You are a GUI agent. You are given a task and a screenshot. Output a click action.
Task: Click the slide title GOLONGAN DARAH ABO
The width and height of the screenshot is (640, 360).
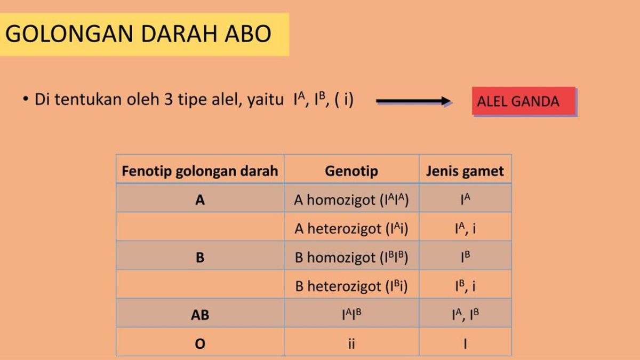click(x=138, y=34)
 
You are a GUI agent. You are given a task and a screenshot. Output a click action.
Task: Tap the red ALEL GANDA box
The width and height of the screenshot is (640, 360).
click(x=524, y=101)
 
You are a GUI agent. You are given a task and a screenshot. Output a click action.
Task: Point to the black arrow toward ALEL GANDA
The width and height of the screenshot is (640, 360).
click(x=414, y=101)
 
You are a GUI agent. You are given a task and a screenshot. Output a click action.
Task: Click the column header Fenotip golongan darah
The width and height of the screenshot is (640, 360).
click(x=200, y=171)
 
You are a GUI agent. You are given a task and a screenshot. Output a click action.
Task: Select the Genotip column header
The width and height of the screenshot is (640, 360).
click(x=351, y=171)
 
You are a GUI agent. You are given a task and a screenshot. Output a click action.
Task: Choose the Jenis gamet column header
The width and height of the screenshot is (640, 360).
click(x=465, y=171)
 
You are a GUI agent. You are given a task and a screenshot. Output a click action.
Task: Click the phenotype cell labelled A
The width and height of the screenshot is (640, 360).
click(x=200, y=200)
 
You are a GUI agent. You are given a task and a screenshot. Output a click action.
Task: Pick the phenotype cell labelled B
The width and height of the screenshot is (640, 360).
click(x=200, y=258)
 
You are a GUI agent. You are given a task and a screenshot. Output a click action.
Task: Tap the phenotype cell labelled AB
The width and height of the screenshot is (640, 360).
click(x=200, y=315)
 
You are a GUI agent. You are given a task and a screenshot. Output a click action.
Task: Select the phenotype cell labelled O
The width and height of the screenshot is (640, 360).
click(x=200, y=344)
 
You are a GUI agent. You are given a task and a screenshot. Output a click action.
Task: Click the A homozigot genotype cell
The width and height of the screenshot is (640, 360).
click(x=351, y=200)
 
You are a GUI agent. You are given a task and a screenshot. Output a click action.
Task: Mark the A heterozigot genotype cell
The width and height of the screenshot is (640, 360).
click(x=351, y=229)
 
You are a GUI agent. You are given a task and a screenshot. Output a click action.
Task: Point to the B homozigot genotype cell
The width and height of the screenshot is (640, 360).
click(x=351, y=258)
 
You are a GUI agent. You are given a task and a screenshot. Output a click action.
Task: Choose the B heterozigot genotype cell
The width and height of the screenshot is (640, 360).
click(x=351, y=286)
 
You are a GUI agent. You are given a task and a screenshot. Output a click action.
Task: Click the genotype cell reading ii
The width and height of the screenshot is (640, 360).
click(x=351, y=344)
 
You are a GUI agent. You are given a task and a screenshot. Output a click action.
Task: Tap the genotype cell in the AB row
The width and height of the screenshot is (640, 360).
click(x=351, y=315)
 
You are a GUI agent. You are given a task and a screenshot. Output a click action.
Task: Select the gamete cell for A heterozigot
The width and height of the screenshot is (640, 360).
click(x=465, y=229)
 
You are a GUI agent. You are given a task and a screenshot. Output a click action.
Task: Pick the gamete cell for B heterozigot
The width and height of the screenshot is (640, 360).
click(x=465, y=286)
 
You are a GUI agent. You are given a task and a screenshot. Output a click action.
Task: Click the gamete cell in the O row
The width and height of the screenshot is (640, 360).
click(x=465, y=344)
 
